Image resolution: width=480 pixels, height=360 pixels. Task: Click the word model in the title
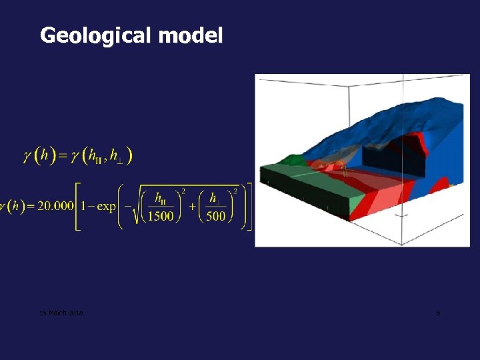[191, 35]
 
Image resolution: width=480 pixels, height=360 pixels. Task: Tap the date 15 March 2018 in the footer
[60, 313]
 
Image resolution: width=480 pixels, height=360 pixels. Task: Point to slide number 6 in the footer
[438, 313]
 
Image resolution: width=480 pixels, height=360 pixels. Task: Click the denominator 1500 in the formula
[161, 216]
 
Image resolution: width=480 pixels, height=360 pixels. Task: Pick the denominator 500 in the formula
[216, 216]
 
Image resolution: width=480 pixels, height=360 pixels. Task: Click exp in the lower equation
[106, 206]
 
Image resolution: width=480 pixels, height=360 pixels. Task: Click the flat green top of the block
[293, 175]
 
